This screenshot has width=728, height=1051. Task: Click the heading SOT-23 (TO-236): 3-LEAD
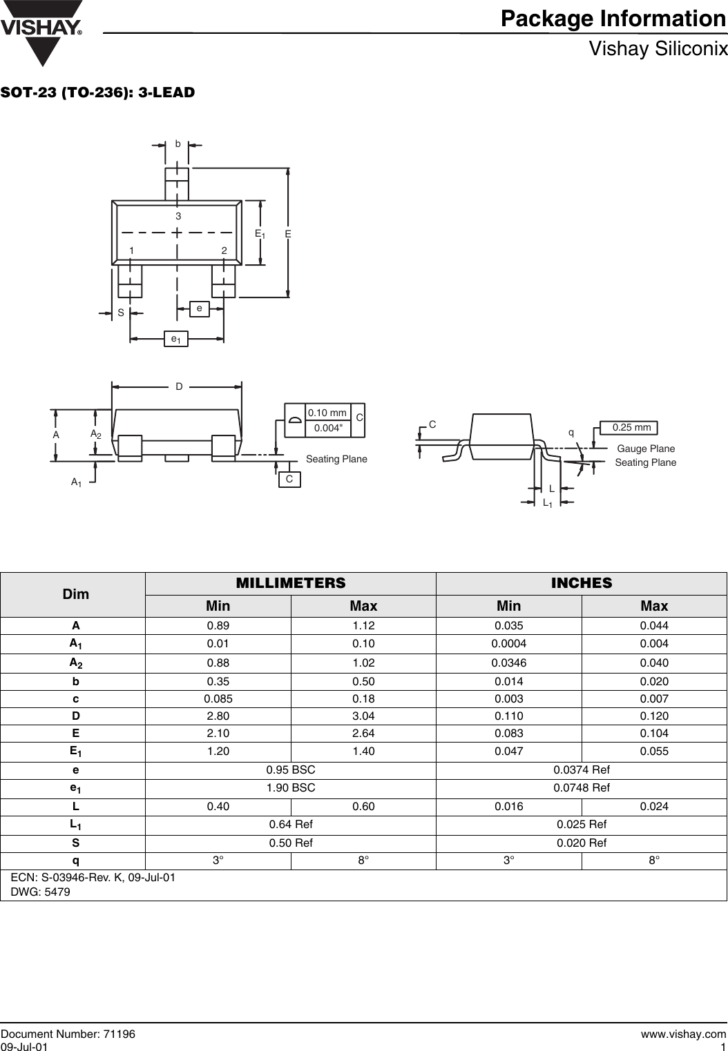pyautogui.click(x=98, y=92)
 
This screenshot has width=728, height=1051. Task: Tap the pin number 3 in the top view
pyautogui.click(x=178, y=217)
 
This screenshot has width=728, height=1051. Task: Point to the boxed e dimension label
pyautogui.click(x=199, y=308)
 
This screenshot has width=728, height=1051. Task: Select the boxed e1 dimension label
pyautogui.click(x=178, y=339)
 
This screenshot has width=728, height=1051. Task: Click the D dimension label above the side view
pyautogui.click(x=179, y=387)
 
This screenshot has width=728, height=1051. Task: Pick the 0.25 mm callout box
pyautogui.click(x=631, y=428)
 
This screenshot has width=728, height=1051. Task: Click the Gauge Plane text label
pyautogui.click(x=645, y=449)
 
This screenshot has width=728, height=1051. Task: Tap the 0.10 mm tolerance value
pyautogui.click(x=327, y=413)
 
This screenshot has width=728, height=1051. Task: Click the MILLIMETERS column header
pyautogui.click(x=291, y=583)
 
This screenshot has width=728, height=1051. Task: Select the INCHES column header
pyautogui.click(x=582, y=583)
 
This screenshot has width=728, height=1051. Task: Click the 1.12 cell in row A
pyautogui.click(x=363, y=626)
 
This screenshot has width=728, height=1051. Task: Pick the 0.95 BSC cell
pyautogui.click(x=291, y=769)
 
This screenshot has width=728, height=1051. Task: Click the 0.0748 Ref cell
pyautogui.click(x=582, y=787)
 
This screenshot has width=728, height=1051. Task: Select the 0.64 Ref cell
pyautogui.click(x=291, y=824)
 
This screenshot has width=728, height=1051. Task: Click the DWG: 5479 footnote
pyautogui.click(x=41, y=892)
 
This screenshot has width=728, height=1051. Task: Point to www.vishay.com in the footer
pyautogui.click(x=683, y=1034)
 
